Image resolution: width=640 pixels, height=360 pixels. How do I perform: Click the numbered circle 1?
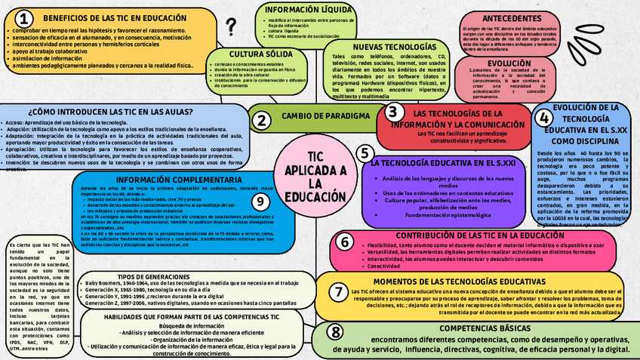(x=26, y=18)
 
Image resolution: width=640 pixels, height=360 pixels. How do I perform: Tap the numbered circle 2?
(x=261, y=120)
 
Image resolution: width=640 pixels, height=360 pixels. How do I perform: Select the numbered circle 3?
(x=392, y=112)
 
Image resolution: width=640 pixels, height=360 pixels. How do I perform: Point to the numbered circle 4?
(x=544, y=118)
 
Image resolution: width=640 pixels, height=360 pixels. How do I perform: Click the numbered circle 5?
(x=365, y=153)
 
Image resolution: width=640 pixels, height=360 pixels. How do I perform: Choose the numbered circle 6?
(x=344, y=242)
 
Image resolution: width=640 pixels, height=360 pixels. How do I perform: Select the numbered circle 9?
(x=260, y=201)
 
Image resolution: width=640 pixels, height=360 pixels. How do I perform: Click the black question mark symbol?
(x=231, y=28)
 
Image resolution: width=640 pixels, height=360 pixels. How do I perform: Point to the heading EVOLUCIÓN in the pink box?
(x=509, y=63)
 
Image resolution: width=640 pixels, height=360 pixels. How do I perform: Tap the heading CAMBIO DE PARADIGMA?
(x=325, y=116)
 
